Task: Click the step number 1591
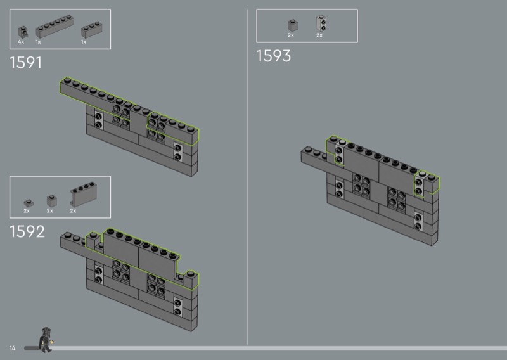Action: click(x=25, y=62)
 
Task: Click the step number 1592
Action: click(x=27, y=231)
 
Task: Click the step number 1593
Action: click(x=274, y=56)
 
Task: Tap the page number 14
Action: click(x=12, y=348)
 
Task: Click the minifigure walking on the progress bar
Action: click(x=46, y=340)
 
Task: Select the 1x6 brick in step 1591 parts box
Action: click(x=55, y=26)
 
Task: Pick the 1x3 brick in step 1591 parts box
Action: click(x=91, y=30)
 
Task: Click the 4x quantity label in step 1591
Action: click(x=21, y=42)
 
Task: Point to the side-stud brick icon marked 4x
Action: click(x=23, y=32)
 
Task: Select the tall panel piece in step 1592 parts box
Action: click(x=84, y=194)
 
